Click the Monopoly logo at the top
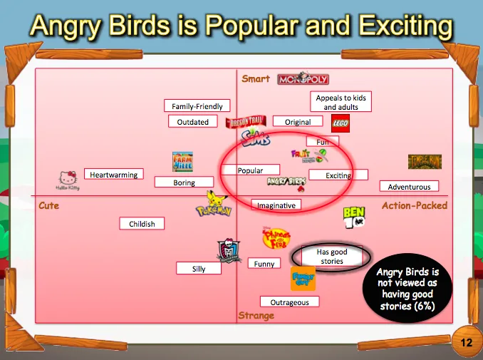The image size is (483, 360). pos(303,79)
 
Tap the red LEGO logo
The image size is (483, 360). pos(341,122)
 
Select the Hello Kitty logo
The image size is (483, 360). pos(68,181)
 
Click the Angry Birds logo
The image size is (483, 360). pos(287,182)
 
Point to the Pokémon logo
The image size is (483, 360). pos(214,205)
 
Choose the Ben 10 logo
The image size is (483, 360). pos(355,216)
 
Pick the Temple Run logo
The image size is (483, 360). pos(425,162)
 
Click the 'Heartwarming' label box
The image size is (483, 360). pos(114,174)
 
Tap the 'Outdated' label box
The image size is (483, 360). pos(193,122)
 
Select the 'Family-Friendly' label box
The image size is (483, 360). pos(197,106)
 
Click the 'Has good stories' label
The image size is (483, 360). pos(332,257)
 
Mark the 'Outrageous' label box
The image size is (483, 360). pos(289,302)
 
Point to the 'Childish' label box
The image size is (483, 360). pos(142,224)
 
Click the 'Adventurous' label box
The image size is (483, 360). pos(409,187)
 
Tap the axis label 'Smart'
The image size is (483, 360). pos(256,79)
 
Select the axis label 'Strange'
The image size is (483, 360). pos(256,316)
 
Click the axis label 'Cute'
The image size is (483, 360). pos(49,206)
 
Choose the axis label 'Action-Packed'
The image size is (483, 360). pos(415,206)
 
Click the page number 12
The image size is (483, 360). pos(466,343)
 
